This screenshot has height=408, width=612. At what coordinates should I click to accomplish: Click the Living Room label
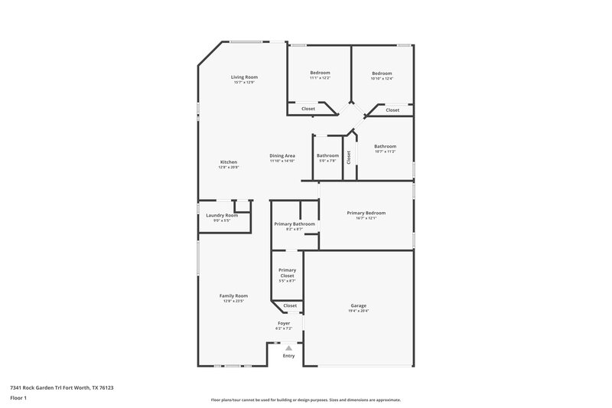245,77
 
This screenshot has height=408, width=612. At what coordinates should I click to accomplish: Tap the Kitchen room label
229,162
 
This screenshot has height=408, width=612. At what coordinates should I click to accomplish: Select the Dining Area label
282,155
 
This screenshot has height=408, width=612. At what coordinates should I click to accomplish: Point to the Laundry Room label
222,215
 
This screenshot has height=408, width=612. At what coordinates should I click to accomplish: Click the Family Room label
233,295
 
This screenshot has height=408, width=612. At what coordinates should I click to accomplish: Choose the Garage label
359,305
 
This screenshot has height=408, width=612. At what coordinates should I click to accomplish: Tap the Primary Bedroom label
366,213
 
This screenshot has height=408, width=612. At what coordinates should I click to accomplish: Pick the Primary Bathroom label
295,224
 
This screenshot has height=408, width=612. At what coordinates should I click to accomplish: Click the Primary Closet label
287,273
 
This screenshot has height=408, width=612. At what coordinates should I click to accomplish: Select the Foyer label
284,324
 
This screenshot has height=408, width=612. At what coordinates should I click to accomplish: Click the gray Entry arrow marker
288,348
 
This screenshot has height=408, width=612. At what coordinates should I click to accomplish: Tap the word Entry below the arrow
288,356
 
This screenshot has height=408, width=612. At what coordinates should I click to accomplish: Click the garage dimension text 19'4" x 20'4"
359,311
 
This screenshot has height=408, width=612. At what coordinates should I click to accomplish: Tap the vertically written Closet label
349,157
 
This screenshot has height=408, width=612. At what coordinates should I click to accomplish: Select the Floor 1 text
18,399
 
